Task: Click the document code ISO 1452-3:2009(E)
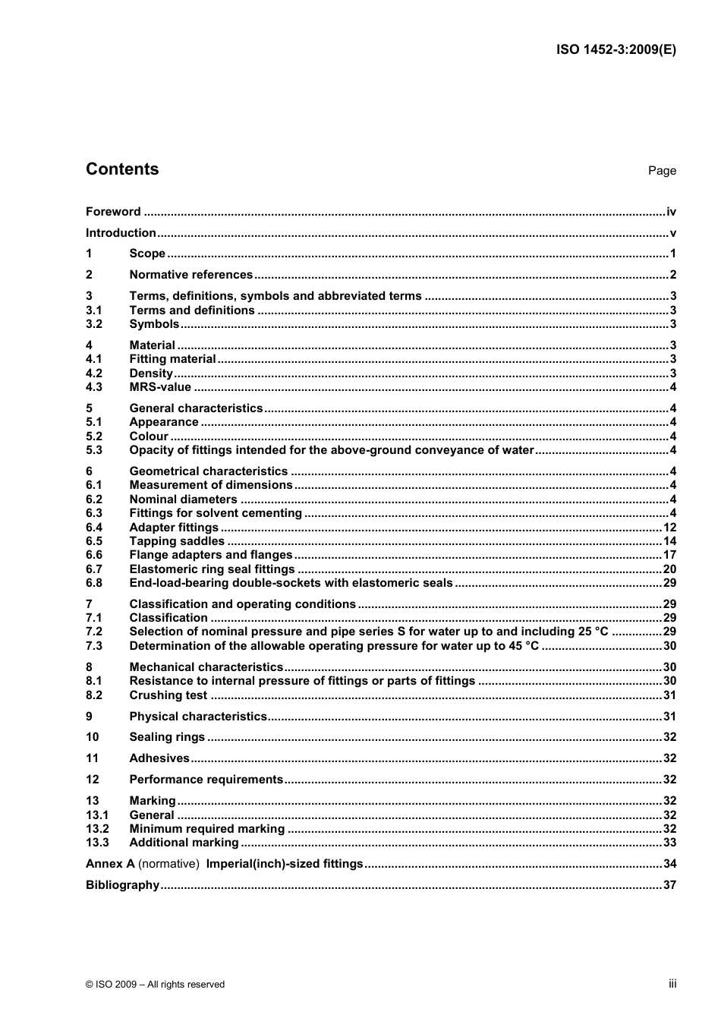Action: [616, 50]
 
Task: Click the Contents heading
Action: [122, 169]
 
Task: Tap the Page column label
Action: [662, 171]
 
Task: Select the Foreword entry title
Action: [113, 212]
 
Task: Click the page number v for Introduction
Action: [672, 233]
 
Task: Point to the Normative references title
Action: [190, 275]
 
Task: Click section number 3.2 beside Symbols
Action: [94, 324]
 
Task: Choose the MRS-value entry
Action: [160, 387]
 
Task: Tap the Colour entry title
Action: [149, 436]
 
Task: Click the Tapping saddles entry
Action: [177, 541]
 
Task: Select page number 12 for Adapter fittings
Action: [669, 528]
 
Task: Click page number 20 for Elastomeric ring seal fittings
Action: [669, 569]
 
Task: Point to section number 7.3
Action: [94, 646]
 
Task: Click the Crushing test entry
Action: [168, 695]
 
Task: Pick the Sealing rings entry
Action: [167, 737]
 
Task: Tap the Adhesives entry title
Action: [159, 758]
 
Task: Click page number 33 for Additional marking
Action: [669, 843]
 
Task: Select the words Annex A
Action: [110, 864]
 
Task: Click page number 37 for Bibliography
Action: [669, 885]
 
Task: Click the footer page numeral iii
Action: [672, 984]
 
